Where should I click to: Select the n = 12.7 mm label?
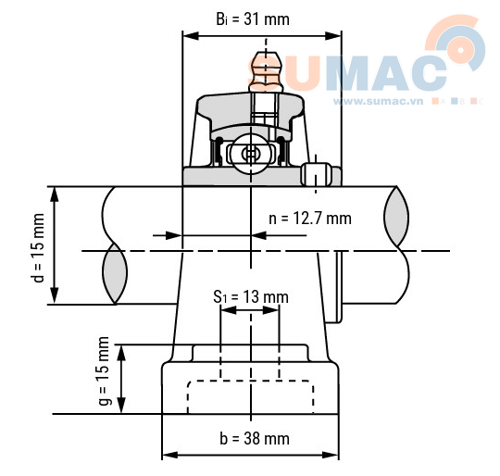pos(310,219)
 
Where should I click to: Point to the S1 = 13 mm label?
pos(251,296)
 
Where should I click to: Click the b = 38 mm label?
pos(252,437)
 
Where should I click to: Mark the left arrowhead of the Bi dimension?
pos(188,36)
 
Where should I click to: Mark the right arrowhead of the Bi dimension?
pos(336,36)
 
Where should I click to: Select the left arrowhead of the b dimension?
pos(169,455)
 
